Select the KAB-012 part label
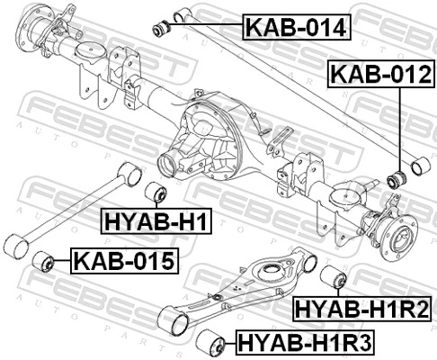(379, 74)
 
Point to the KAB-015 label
(124, 263)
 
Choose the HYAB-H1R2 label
(363, 310)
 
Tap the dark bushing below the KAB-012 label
(396, 177)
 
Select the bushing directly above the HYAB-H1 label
(156, 193)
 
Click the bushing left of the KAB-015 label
(43, 263)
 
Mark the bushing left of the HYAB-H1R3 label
(213, 341)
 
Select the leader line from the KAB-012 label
(397, 126)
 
